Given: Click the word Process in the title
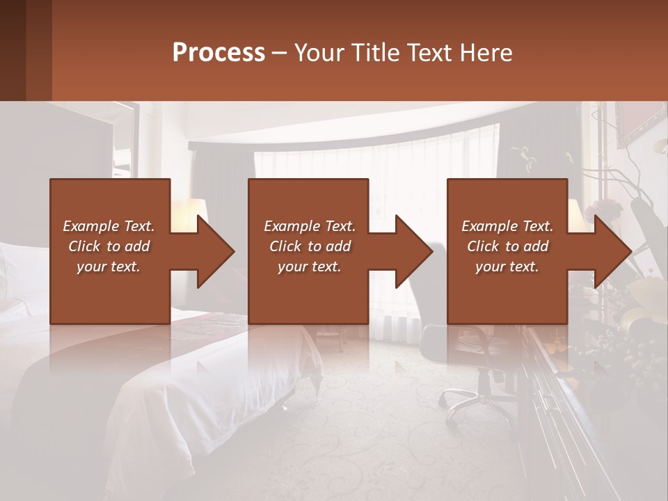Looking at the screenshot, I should point(218,52).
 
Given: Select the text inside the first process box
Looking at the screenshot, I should point(109,246).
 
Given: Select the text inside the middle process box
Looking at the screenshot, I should point(309,246).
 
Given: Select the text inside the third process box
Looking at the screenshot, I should point(507,246).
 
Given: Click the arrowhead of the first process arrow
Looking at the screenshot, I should point(216,251).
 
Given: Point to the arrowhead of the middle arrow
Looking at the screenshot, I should point(414,251).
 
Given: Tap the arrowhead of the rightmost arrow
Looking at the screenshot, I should point(613,251).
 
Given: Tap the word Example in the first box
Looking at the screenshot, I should point(91,226).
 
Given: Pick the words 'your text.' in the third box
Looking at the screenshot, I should point(507,267).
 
